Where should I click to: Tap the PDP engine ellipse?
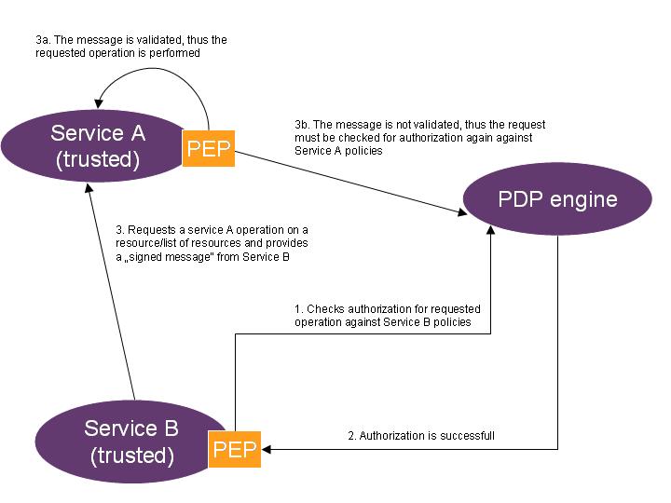556,199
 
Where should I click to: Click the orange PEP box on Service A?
209,147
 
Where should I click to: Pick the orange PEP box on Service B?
234,448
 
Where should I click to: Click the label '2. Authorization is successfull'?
420,435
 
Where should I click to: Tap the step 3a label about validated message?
130,47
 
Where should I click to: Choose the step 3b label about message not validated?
419,137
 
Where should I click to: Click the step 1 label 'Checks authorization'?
387,315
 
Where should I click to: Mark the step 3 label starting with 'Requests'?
212,242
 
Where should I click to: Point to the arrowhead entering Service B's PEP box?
269,449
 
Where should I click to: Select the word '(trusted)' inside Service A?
98,159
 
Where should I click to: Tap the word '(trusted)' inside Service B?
132,455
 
